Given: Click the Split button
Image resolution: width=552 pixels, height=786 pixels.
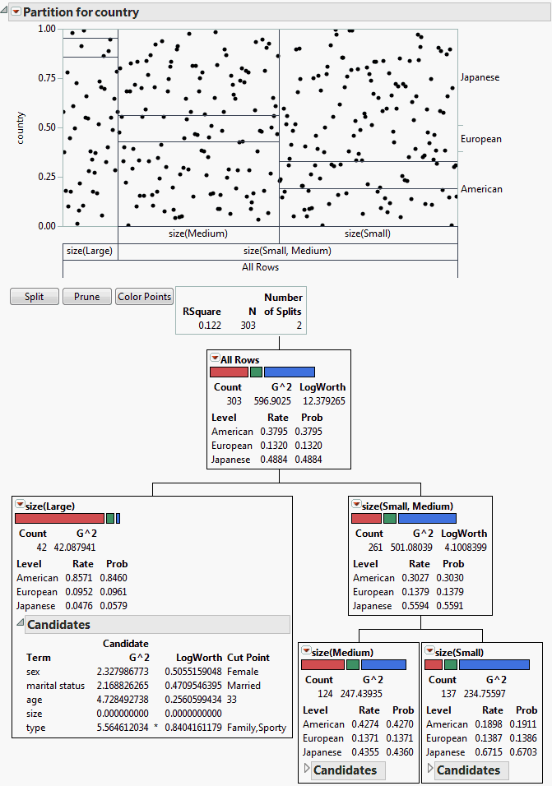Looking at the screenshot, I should click(x=34, y=297).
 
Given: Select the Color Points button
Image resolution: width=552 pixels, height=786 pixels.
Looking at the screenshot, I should click(x=145, y=297).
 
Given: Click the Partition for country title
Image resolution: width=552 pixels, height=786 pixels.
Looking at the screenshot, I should click(x=81, y=12).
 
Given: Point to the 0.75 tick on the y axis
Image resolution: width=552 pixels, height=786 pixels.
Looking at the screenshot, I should click(x=46, y=78).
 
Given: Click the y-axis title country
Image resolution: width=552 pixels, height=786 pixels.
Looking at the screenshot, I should click(x=21, y=127).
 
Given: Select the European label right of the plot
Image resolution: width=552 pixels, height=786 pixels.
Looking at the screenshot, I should click(x=480, y=139).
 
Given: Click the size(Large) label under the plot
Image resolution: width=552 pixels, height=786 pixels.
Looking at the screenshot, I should click(x=90, y=251).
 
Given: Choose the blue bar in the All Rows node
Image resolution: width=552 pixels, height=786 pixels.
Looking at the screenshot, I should click(x=289, y=372).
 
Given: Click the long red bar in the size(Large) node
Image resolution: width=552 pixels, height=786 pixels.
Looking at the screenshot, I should click(x=59, y=517).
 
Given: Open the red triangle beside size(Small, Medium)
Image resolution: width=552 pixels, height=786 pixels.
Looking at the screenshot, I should click(x=356, y=505).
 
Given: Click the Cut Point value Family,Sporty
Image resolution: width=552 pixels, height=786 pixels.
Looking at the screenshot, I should click(x=257, y=728).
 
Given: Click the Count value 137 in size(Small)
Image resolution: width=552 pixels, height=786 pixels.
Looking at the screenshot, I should click(x=443, y=694).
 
